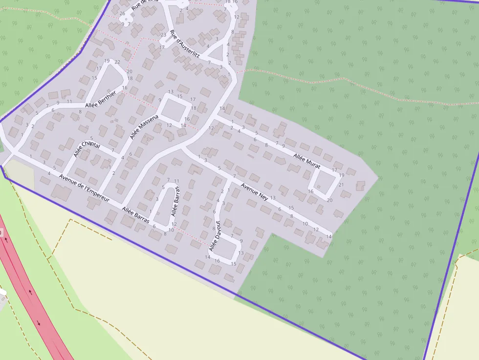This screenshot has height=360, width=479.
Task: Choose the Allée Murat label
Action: coord(307,161)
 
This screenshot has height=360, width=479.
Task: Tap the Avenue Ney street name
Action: coord(255,191)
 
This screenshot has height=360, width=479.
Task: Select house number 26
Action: coord(122,13)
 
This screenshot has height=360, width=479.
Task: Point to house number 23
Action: coord(163,35)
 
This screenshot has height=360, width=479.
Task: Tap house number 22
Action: coord(117,62)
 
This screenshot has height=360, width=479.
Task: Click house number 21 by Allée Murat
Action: coord(341,185)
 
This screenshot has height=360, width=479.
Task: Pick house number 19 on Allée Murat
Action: coord(341,175)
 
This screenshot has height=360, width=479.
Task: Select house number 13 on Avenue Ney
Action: coord(273,198)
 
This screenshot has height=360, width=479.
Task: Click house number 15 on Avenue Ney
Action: coord(291,208)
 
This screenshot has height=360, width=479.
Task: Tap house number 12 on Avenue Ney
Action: coord(316,230)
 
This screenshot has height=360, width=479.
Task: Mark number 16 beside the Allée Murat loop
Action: coord(310,191)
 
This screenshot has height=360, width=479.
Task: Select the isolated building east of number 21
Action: coord(361,186)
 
